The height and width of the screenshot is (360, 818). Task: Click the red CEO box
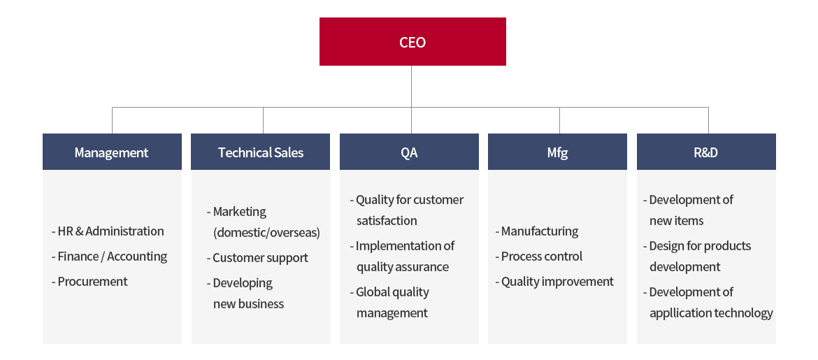[x=412, y=42]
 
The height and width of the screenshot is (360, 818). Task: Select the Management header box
[x=112, y=152]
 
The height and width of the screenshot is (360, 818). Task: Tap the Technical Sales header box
[x=260, y=152]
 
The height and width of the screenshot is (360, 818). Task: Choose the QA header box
[x=409, y=152]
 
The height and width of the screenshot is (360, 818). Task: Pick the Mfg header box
[x=557, y=152]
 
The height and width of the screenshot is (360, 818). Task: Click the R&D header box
[x=706, y=152]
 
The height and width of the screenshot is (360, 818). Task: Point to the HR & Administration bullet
[x=108, y=231]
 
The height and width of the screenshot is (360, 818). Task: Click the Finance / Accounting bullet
[x=109, y=256]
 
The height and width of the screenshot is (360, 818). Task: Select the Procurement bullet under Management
[x=89, y=281]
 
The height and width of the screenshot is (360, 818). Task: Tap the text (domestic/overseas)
[x=266, y=233]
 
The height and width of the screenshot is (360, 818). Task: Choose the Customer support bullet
[x=257, y=258]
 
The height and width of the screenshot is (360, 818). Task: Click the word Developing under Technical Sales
[x=243, y=283]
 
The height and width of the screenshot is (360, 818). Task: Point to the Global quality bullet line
[x=389, y=292]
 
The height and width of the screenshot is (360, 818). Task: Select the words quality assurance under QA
[x=402, y=267]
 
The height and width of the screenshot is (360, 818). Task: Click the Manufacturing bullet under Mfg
[x=537, y=231]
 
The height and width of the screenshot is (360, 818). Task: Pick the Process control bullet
[x=539, y=256]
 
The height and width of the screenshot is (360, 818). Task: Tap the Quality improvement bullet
[x=554, y=282]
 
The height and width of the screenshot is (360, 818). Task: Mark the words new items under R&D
[x=676, y=221]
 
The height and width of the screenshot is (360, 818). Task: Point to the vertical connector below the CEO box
[x=411, y=87]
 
